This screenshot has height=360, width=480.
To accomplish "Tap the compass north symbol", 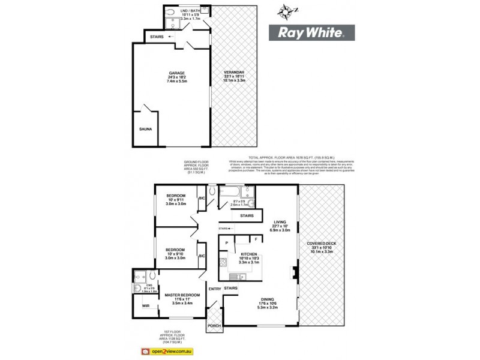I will point(286,10).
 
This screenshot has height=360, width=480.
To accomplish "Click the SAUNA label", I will point(146,128).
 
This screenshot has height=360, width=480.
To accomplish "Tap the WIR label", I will point(145,306).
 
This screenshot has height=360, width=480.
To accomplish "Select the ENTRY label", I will point(215,289).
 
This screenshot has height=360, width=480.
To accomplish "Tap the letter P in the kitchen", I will point(227,242).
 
